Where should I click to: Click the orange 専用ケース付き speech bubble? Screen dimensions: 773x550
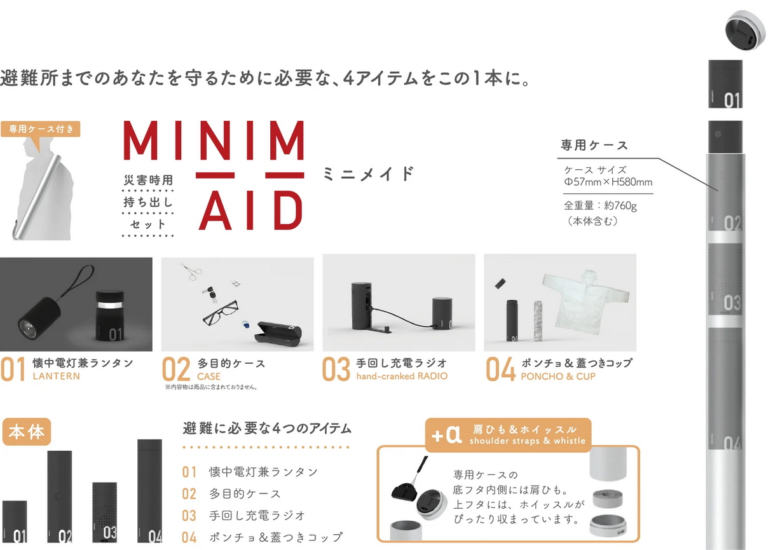(41, 129)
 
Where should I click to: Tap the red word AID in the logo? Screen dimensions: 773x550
(251, 210)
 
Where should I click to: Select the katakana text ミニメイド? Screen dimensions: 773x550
(368, 174)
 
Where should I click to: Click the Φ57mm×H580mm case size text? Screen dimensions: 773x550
(608, 182)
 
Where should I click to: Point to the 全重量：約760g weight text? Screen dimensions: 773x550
(600, 206)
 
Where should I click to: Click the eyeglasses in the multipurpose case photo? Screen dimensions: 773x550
(221, 313)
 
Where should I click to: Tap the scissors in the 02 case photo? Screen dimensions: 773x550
(190, 271)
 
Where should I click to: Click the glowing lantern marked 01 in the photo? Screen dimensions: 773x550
(110, 315)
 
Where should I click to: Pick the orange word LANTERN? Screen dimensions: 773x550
(56, 376)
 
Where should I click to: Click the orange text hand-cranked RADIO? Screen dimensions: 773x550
(402, 376)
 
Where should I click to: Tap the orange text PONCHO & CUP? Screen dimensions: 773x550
(558, 376)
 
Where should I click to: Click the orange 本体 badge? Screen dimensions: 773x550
(27, 432)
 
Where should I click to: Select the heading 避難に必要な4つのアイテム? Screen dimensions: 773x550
(267, 429)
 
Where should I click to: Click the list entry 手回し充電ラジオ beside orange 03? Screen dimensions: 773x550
(257, 516)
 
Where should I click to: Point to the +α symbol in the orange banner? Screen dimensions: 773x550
(446, 435)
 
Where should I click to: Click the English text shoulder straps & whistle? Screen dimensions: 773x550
(527, 441)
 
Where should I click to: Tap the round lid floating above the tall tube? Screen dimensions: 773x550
(744, 30)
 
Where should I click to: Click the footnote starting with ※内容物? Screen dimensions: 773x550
(211, 387)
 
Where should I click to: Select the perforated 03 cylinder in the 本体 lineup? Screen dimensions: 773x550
(104, 512)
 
